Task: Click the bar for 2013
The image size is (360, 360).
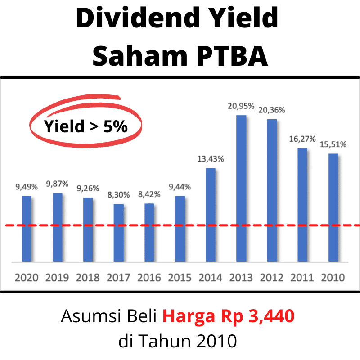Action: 241,189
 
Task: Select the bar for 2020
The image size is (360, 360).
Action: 27,229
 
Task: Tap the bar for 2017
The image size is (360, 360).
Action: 119,233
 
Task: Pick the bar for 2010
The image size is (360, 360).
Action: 333,207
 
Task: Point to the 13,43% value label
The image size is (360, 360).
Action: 211,159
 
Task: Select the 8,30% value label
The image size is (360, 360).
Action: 119,195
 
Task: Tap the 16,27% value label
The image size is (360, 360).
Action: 302,139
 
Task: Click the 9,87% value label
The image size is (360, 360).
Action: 58,184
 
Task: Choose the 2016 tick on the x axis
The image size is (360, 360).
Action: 149,277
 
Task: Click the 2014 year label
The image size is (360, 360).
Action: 211,277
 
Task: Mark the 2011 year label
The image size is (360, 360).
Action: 302,277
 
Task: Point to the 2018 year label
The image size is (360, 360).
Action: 88,277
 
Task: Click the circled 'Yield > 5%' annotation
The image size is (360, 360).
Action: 85,126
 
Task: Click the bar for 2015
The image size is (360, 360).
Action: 180,229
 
